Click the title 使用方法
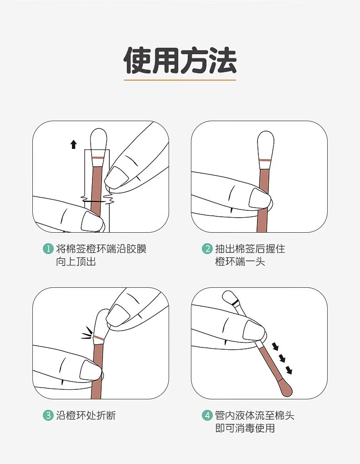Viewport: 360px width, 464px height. point(180,60)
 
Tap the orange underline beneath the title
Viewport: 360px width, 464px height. point(180,80)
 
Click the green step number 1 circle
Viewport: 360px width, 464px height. point(48,249)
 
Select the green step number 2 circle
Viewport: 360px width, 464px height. point(207,249)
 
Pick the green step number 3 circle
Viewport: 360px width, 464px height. point(48,415)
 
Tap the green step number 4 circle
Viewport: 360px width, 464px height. point(207,415)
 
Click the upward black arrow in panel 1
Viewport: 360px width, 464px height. point(73,144)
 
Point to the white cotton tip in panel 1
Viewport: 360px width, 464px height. point(98,143)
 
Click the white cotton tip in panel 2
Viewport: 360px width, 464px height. point(266,145)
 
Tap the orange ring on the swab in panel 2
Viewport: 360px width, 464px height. point(266,160)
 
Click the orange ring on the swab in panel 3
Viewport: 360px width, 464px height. point(98,338)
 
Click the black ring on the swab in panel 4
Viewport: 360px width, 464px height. point(235,302)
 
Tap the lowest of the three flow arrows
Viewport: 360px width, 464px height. point(289,370)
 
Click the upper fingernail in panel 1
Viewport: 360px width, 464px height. point(117,177)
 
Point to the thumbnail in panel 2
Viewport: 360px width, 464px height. point(260,198)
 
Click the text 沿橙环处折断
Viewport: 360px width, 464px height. point(86,415)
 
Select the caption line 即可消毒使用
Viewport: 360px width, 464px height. point(245,428)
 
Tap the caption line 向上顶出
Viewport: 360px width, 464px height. point(76,261)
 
